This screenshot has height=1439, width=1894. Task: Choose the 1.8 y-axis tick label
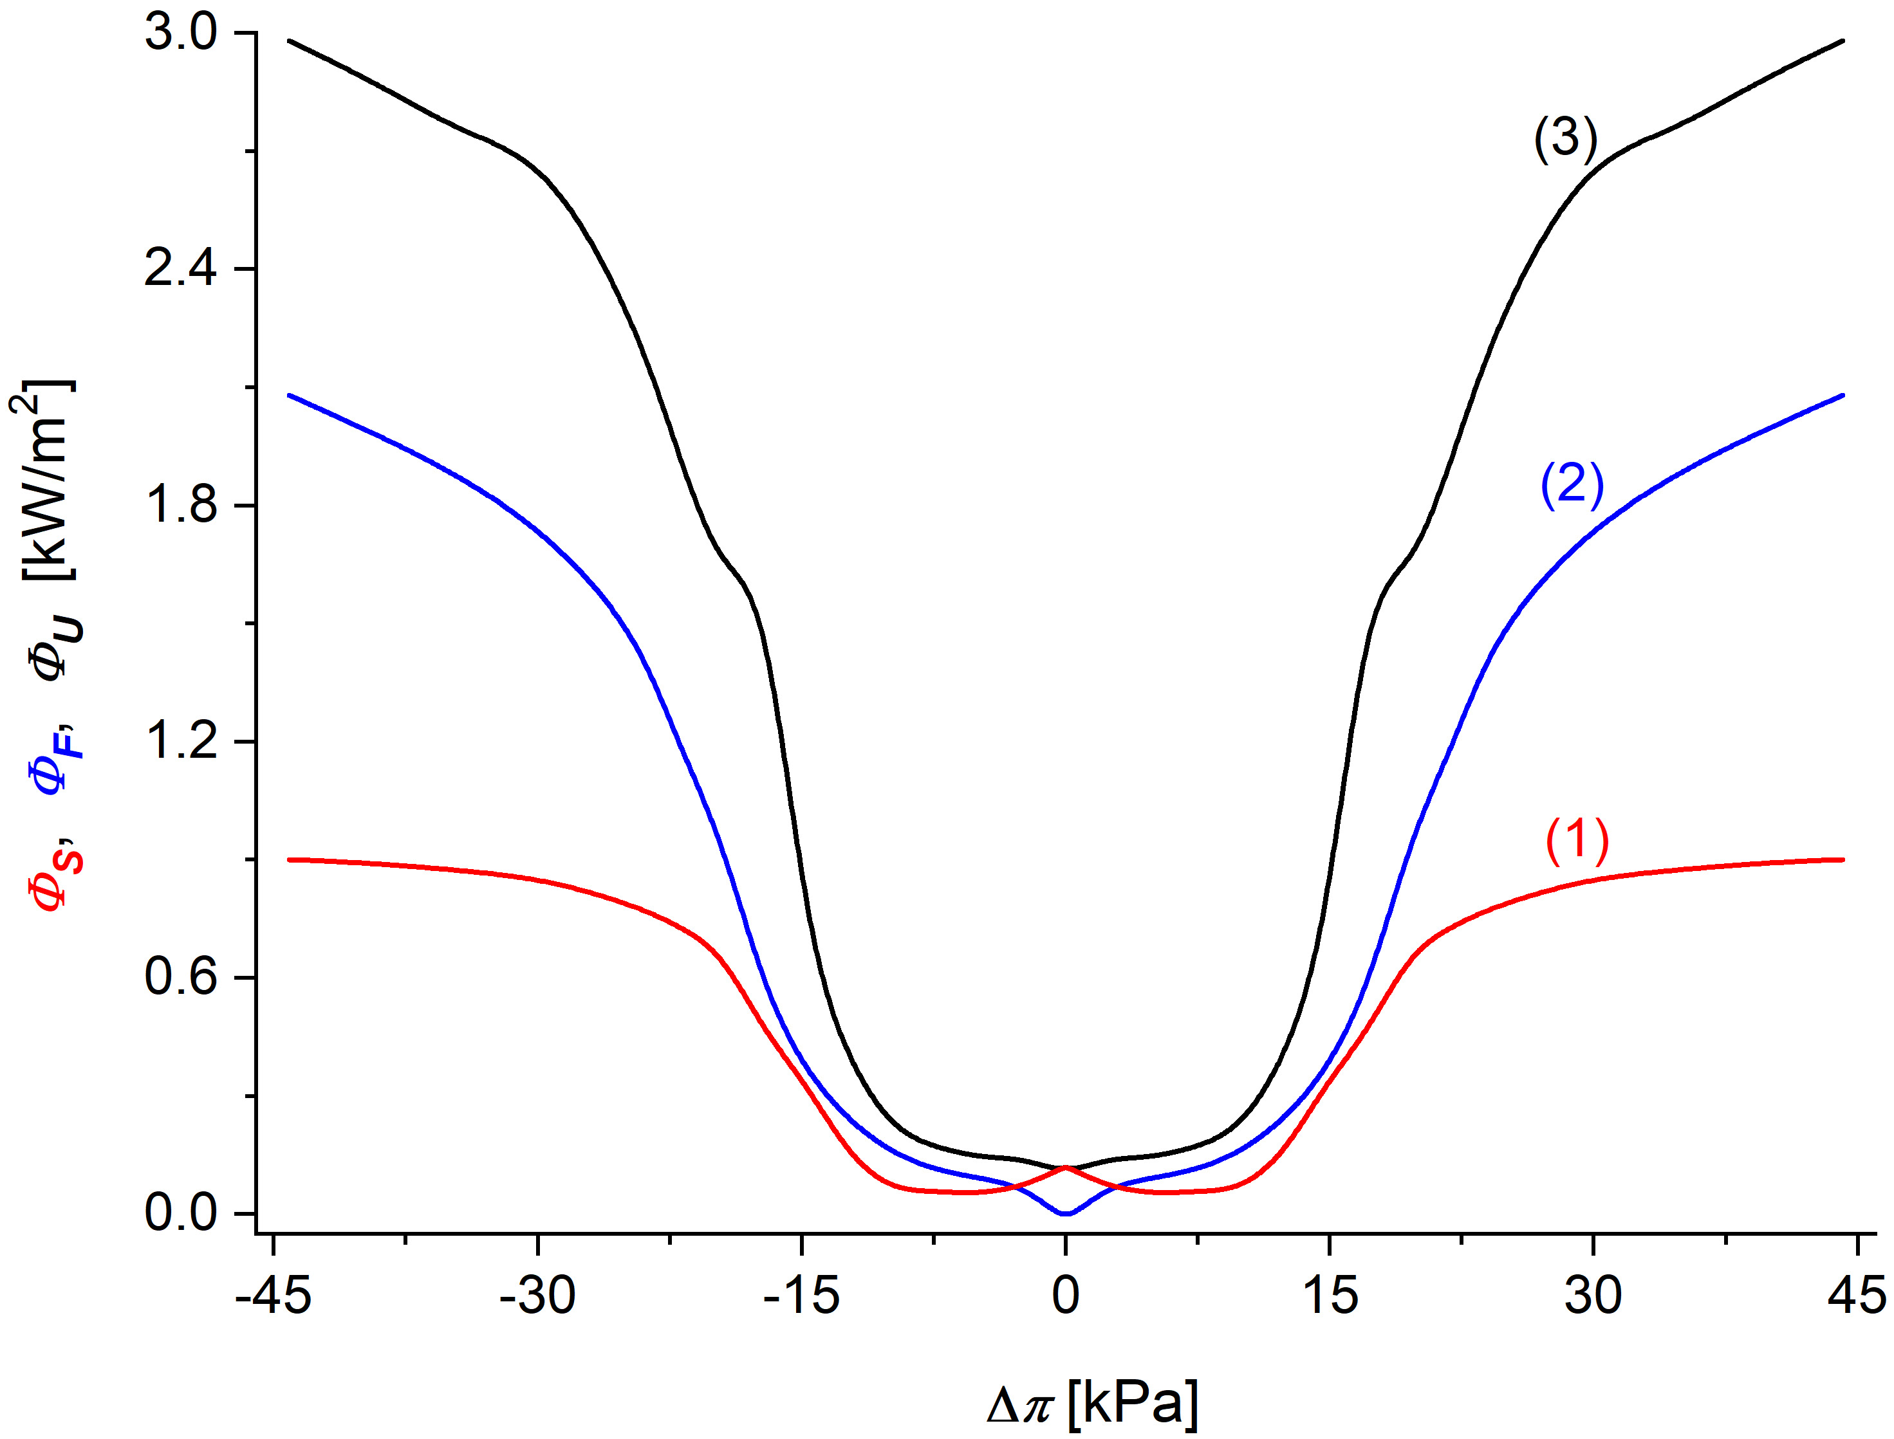[x=181, y=506]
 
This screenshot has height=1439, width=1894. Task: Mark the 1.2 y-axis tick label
[x=181, y=741]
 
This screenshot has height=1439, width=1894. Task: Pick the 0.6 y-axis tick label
[x=181, y=976]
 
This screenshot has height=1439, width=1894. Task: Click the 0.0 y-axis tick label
[x=181, y=1213]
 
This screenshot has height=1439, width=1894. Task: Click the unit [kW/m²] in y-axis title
[x=47, y=480]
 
